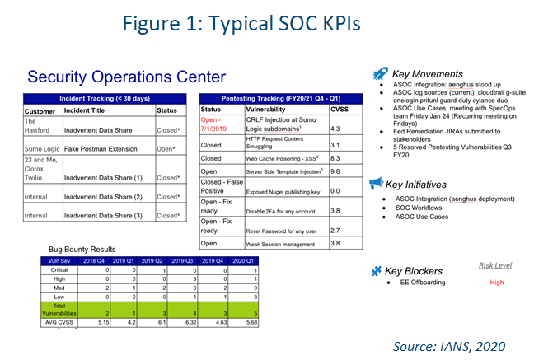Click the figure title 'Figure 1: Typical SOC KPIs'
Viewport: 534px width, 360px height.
tap(268, 22)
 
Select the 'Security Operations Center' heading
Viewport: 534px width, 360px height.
tap(126, 77)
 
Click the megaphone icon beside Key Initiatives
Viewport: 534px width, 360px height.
tap(377, 183)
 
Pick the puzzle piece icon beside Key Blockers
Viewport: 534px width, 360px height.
tap(377, 271)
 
